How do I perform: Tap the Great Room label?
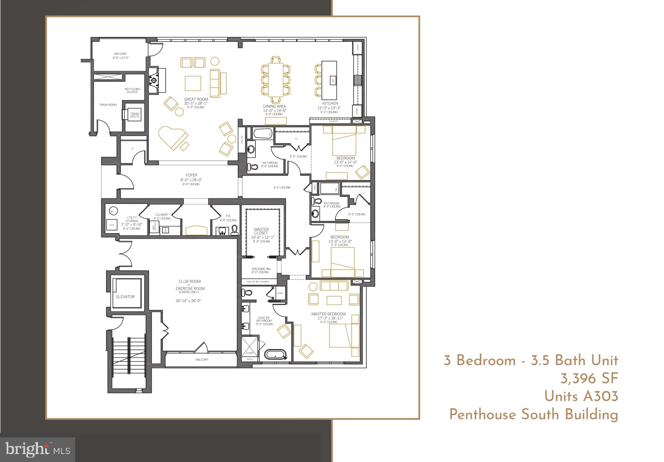click(x=196, y=99)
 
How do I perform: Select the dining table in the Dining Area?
click(x=275, y=80)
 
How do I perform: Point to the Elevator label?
click(x=125, y=297)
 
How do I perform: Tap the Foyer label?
click(x=192, y=175)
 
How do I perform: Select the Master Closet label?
click(x=261, y=231)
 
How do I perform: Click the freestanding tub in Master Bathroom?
click(x=276, y=354)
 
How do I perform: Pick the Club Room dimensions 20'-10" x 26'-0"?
click(x=189, y=301)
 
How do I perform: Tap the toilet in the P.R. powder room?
click(x=234, y=230)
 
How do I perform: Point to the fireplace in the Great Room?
click(x=154, y=81)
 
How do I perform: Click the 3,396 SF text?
click(x=589, y=379)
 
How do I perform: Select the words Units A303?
click(x=581, y=397)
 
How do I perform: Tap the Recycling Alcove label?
click(x=132, y=90)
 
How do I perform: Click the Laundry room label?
click(x=162, y=215)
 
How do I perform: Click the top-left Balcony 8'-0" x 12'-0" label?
click(x=121, y=55)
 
